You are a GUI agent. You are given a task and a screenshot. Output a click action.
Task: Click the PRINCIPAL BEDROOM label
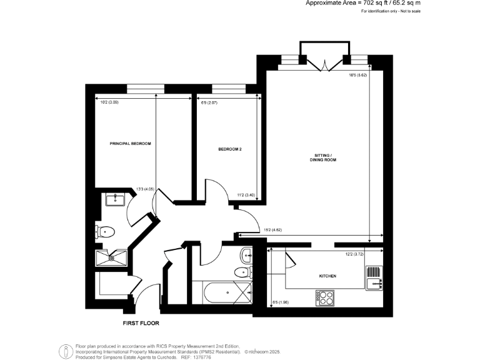(x=131, y=144)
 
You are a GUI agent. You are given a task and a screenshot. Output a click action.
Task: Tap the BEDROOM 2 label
(x=229, y=149)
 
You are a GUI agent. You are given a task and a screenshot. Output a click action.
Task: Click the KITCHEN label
(x=327, y=276)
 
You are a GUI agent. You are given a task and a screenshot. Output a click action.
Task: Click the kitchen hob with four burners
(x=325, y=298)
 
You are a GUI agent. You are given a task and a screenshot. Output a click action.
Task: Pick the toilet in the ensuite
(x=105, y=232)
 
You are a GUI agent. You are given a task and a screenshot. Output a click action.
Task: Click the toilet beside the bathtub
(x=242, y=272)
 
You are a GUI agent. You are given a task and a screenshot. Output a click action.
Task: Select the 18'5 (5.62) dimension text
(x=357, y=76)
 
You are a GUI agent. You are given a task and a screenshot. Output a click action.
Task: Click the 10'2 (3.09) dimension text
(x=109, y=102)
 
